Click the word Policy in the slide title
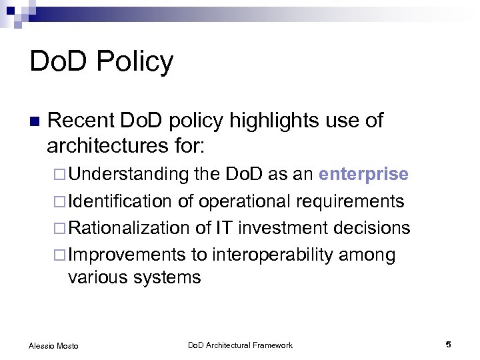click(135, 62)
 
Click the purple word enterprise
click(363, 175)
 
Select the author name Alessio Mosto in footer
click(53, 345)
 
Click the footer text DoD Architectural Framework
click(240, 345)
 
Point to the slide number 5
click(448, 344)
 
